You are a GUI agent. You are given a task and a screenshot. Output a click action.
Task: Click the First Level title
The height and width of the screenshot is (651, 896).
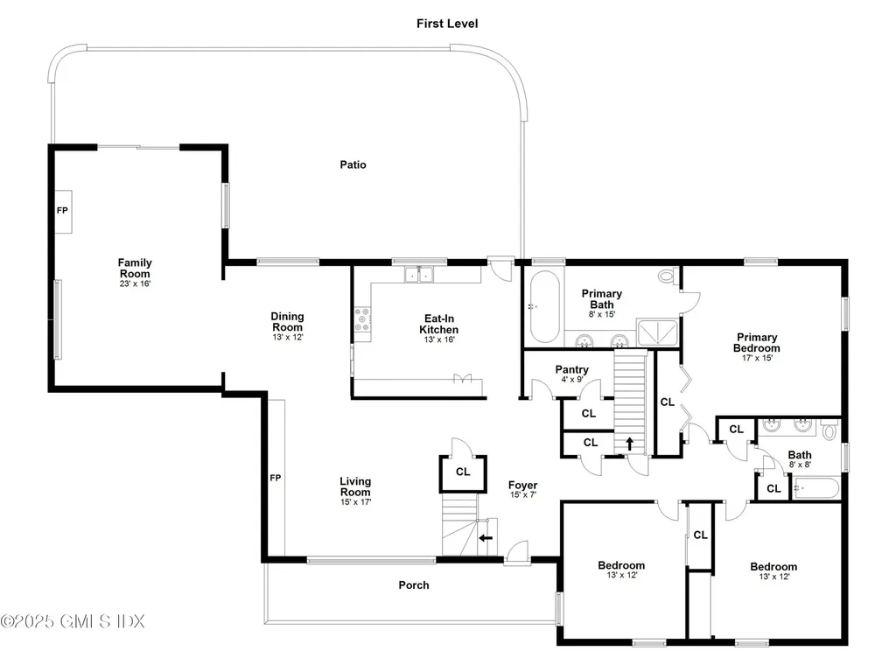[447, 24]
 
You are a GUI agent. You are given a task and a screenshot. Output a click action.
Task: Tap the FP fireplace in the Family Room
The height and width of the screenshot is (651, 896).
[62, 212]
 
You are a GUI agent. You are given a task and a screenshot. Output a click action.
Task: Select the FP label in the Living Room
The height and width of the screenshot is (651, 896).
[275, 478]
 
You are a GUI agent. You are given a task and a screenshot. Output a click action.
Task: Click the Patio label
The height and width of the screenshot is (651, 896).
[353, 164]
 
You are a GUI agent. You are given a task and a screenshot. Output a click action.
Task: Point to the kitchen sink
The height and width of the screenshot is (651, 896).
[418, 276]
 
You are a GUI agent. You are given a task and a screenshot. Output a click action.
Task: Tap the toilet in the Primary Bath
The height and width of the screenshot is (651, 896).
[667, 277]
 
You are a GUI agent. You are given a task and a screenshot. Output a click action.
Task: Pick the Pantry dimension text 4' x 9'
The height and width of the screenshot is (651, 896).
[571, 380]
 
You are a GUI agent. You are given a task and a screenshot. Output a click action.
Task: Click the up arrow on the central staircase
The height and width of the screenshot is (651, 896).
[629, 442]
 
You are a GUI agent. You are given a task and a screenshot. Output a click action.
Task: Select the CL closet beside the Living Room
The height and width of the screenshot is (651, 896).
[463, 472]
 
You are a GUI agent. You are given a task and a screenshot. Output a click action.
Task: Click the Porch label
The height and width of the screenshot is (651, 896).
[414, 585]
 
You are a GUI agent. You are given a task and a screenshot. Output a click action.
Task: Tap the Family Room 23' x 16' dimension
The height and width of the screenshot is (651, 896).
[135, 283]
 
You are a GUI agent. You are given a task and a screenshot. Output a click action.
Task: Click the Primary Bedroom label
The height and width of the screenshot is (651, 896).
[757, 342]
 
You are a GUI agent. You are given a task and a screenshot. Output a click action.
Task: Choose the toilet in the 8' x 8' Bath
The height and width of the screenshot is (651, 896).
[830, 429]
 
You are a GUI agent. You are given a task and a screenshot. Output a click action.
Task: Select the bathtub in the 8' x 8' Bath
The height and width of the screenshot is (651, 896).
[816, 488]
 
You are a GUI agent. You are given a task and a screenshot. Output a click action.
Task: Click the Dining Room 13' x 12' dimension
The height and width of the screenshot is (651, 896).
[287, 337]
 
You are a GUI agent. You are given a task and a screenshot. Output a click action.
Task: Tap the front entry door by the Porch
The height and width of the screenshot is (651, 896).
[517, 552]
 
